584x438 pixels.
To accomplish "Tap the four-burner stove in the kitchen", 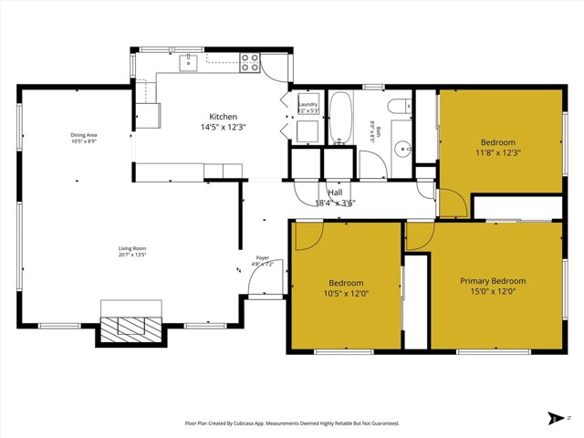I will click(250, 62).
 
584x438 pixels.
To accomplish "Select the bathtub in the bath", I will click(341, 119).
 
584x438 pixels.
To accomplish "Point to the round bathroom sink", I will click(401, 148).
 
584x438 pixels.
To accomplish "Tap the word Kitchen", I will click(224, 117).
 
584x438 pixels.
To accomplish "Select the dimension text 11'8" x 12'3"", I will click(498, 154).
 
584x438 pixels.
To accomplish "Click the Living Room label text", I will click(132, 248).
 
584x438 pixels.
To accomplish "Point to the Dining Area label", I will click(84, 136).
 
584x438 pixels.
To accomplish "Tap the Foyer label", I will click(263, 258).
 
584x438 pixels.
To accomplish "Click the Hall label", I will click(335, 193).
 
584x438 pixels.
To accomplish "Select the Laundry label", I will click(308, 105).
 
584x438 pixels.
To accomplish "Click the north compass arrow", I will click(557, 418).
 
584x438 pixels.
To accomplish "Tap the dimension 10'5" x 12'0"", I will click(347, 294).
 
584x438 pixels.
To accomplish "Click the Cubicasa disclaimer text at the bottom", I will click(292, 422).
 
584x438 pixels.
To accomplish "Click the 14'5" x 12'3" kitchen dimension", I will click(224, 128).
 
